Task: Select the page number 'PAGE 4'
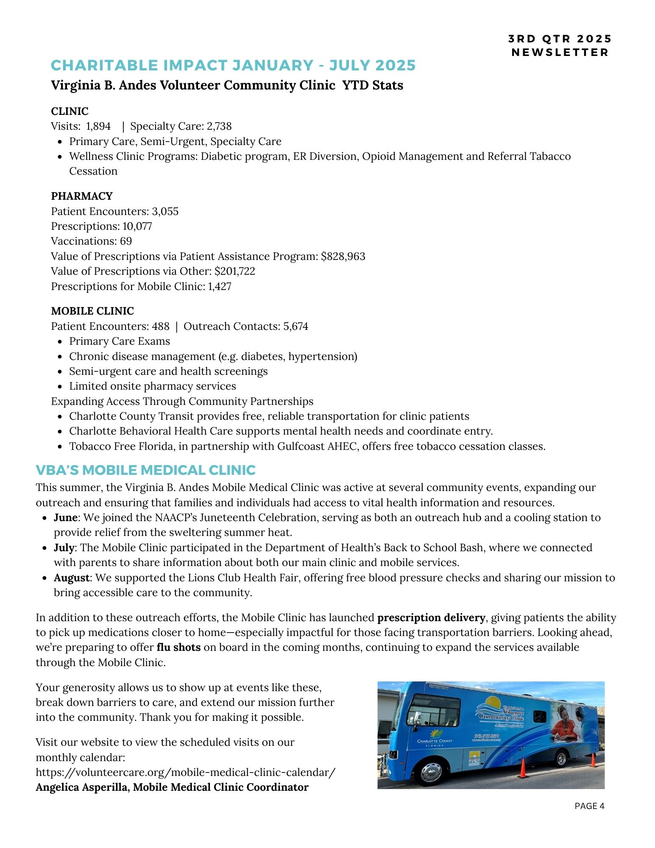(589, 806)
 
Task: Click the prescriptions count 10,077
(137, 226)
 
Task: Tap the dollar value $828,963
(343, 257)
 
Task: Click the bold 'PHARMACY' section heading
(82, 196)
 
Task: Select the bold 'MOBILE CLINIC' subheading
(92, 311)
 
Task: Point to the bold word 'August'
(71, 578)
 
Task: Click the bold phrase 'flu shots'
(178, 647)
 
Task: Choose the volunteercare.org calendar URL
(185, 773)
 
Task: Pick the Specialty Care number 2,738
(219, 126)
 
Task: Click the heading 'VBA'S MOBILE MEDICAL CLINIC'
(145, 470)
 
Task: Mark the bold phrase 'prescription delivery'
(431, 618)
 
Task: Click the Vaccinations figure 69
(126, 241)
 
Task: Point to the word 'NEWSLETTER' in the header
(560, 52)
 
